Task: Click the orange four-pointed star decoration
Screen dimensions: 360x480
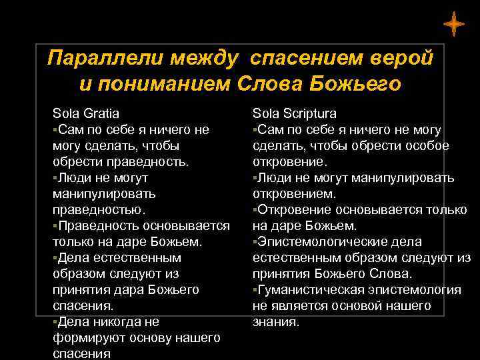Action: pos(453,24)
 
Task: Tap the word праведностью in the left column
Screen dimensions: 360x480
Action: pos(96,210)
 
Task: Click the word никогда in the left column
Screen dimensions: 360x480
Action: pos(121,322)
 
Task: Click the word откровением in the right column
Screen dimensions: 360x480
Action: pos(292,194)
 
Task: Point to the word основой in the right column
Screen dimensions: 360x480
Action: pos(347,306)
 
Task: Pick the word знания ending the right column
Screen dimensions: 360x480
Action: pos(275,322)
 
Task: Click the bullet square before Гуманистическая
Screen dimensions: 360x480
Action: pos(255,289)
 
